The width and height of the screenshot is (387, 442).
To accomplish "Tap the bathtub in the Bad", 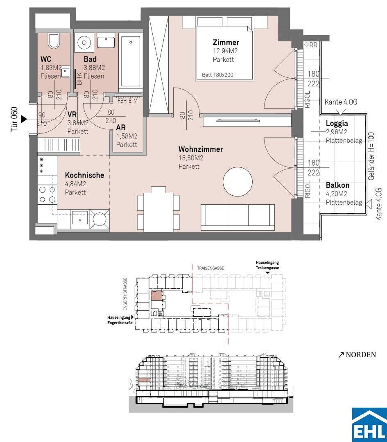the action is click(130, 61).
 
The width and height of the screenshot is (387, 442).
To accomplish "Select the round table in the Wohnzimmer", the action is click(238, 182).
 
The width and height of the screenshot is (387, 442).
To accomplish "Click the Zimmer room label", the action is click(226, 43).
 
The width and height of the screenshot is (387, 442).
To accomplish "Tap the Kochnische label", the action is click(84, 175).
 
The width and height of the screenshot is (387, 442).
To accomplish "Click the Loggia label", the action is click(337, 124).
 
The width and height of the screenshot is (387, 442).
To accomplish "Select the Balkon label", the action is click(337, 185).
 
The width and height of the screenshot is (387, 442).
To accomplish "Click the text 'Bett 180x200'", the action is click(217, 75).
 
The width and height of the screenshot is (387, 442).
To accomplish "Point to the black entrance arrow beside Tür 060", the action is click(24, 119).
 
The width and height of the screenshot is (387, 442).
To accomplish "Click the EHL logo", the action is click(369, 424).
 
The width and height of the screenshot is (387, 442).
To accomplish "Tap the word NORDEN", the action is click(361, 354).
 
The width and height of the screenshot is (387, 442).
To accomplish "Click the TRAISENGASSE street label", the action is click(210, 268).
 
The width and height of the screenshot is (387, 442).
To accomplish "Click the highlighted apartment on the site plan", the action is click(157, 296).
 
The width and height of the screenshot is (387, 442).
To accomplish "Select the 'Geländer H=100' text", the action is click(372, 156).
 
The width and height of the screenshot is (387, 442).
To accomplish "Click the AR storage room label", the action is click(121, 128).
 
